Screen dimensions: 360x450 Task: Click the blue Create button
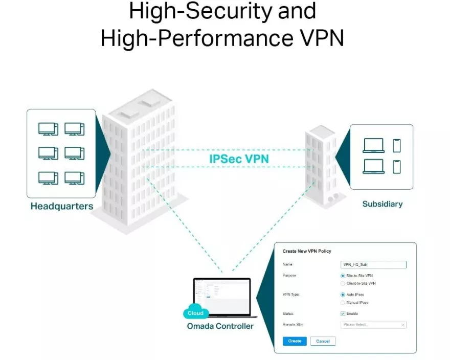click(x=295, y=341)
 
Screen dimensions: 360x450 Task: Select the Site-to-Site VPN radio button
click(x=343, y=276)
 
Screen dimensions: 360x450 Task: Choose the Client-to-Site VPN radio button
click(x=343, y=283)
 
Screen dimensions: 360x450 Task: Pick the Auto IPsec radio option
click(x=343, y=295)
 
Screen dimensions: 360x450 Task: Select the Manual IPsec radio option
click(x=343, y=303)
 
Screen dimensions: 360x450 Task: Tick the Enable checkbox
click(x=343, y=313)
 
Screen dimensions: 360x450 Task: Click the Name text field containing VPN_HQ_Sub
click(x=373, y=264)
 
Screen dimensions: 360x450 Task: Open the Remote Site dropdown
click(x=373, y=325)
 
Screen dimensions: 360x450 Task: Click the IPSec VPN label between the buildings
click(x=239, y=159)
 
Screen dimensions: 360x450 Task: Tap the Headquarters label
click(x=62, y=207)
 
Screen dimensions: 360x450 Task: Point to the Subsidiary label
click(x=382, y=204)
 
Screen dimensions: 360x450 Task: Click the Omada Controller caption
click(x=220, y=326)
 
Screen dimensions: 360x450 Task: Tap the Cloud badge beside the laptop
click(x=195, y=313)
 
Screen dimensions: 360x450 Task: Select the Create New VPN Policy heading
click(x=307, y=251)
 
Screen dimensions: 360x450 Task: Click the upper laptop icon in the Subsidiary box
click(x=373, y=146)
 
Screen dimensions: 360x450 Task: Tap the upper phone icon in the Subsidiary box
click(x=397, y=146)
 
